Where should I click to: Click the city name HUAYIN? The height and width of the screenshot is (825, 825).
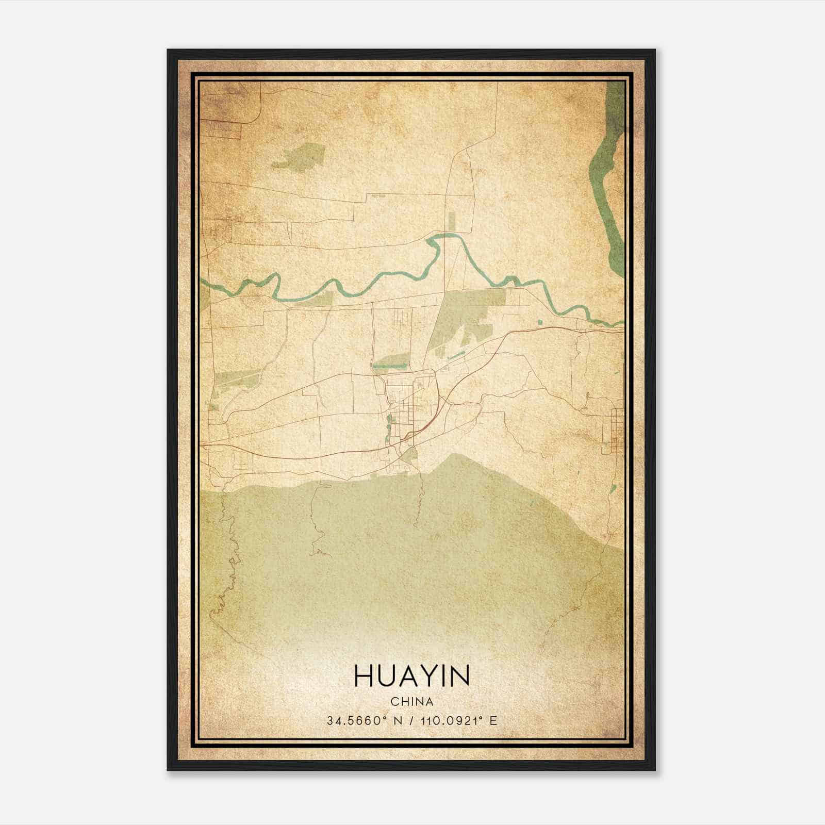tap(411, 676)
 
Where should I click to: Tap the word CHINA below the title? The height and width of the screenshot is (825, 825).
tap(411, 702)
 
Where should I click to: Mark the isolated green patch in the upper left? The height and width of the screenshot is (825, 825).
tap(299, 155)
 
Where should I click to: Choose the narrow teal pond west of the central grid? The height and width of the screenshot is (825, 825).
tap(388, 425)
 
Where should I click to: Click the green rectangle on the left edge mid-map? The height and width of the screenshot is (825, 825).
tap(232, 379)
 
